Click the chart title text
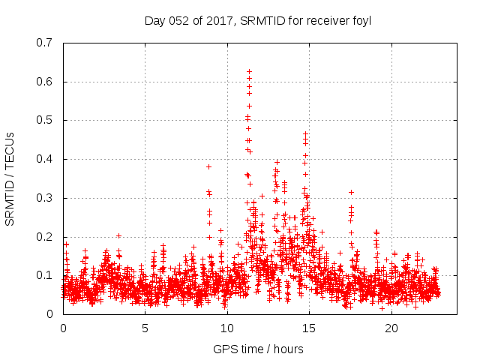258,20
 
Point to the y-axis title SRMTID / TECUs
10,178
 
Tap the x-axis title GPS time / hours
258,349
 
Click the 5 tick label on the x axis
145,328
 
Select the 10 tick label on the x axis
227,328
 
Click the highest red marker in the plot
249,72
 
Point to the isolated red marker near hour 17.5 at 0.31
351,192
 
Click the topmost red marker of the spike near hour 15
305,134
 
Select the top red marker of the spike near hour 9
208,166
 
